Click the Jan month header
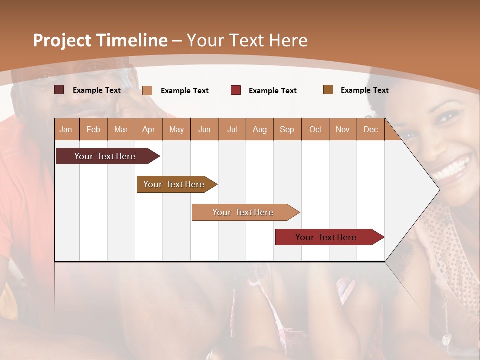(x=66, y=129)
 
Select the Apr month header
(x=148, y=129)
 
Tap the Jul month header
(x=232, y=129)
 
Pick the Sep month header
(x=287, y=129)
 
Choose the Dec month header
(x=370, y=129)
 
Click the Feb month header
(x=93, y=129)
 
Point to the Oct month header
(x=315, y=129)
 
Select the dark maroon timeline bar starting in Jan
(x=105, y=156)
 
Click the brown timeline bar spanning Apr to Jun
(x=174, y=184)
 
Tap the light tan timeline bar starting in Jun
(x=243, y=212)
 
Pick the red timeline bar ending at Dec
(x=326, y=237)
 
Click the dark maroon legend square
(x=59, y=90)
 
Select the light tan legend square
(x=147, y=90)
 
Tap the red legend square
(x=236, y=90)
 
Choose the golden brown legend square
(x=328, y=90)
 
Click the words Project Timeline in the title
(x=100, y=40)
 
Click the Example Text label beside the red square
(x=272, y=91)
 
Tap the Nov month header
(x=343, y=129)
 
